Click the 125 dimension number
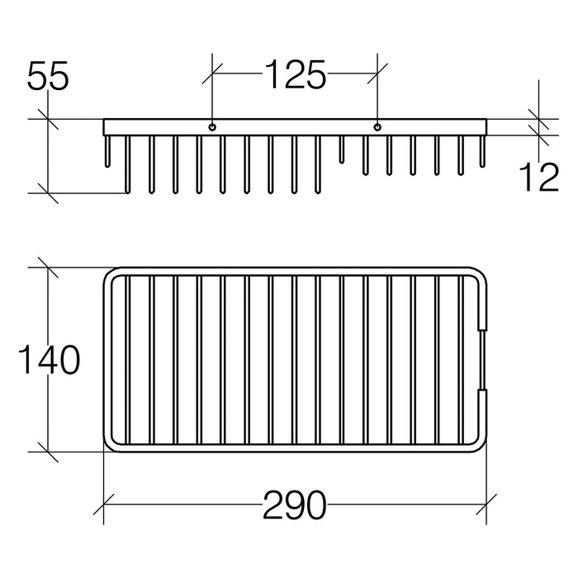pos(296,75)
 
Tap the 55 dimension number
pos(48,76)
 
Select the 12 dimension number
pos(538,178)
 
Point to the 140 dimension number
pos(49,360)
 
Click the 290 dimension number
pos(295,505)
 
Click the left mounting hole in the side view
pos(212,127)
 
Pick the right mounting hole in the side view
pos(377,127)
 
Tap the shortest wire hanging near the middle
pos(342,149)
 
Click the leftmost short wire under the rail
pos(107,151)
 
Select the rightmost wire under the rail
pos(482,151)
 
